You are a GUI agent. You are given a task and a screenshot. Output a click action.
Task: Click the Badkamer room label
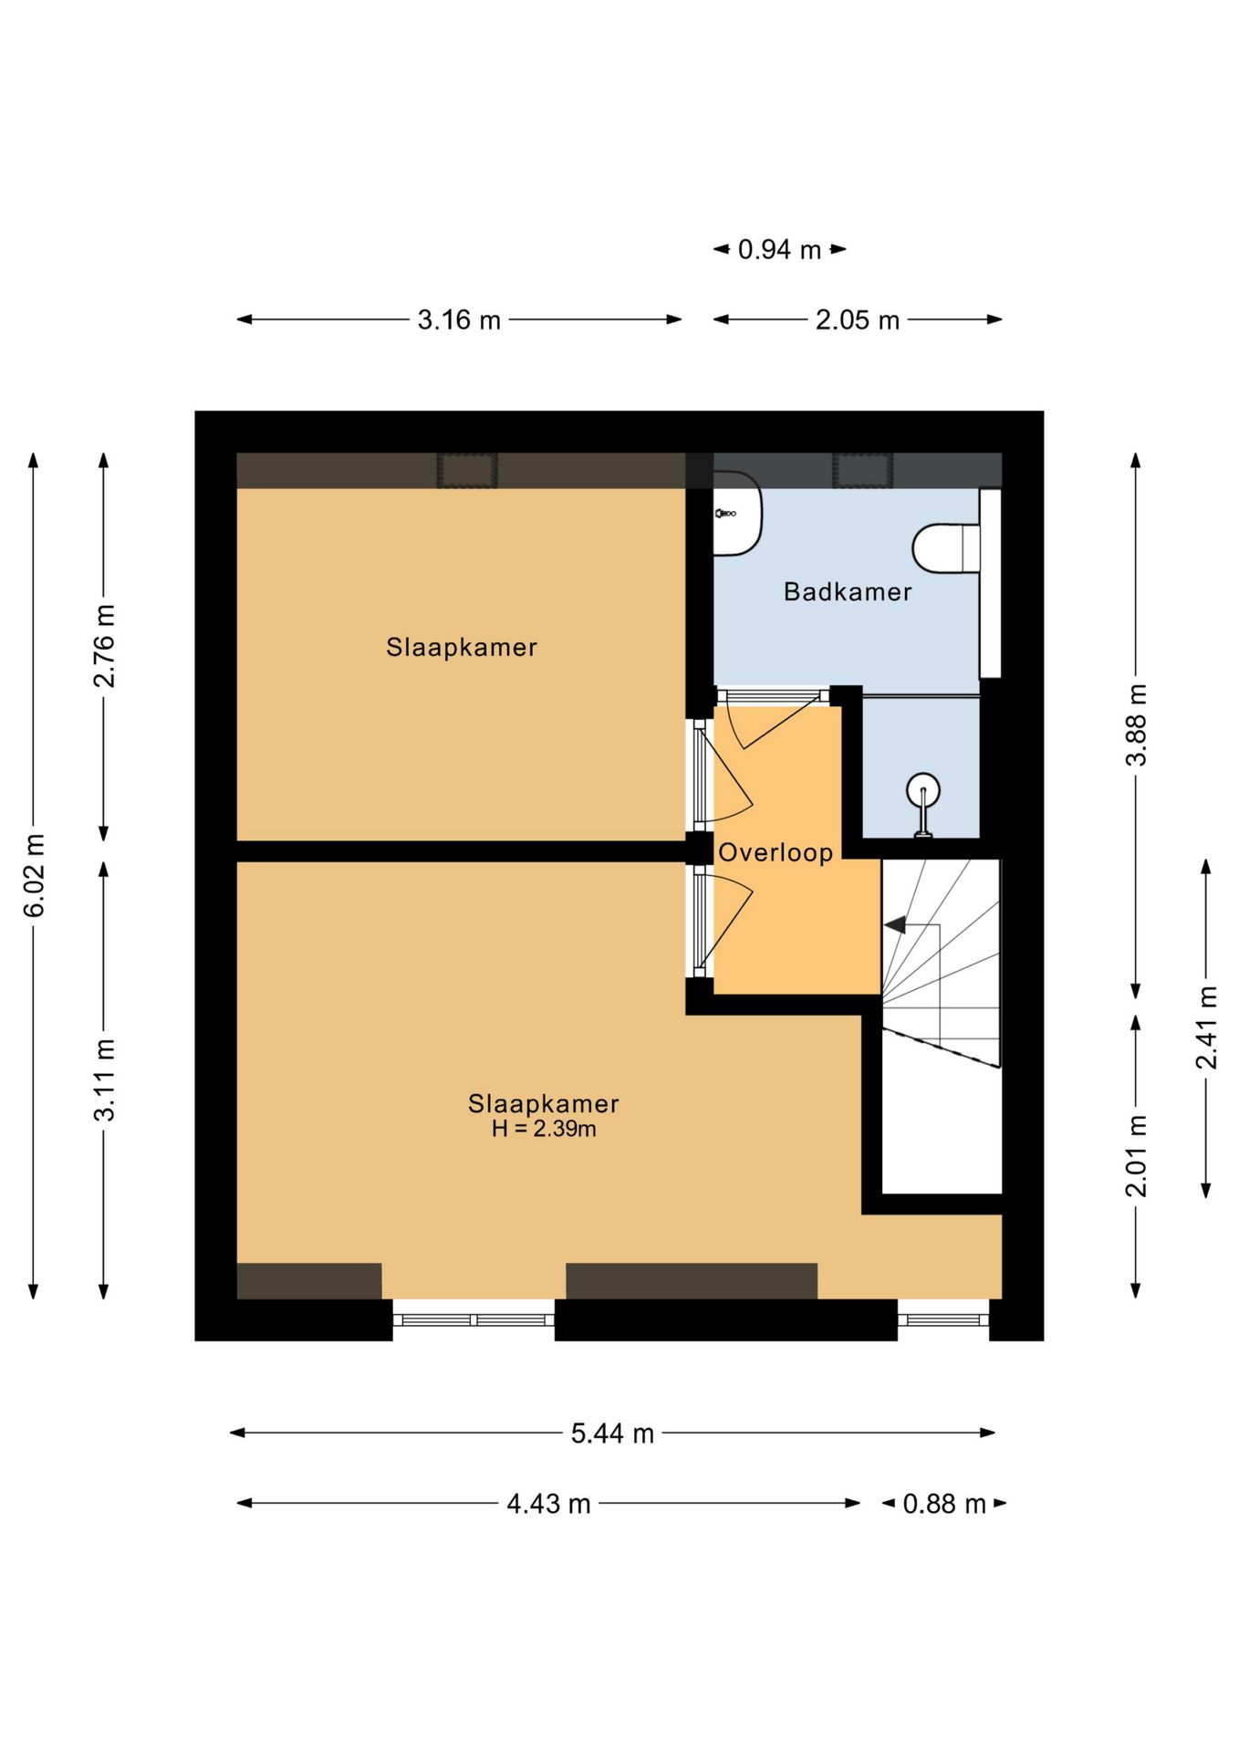[x=848, y=592]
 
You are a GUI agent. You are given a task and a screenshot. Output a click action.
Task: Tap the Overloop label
[x=776, y=853]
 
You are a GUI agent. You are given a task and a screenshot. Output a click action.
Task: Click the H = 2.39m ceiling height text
[x=544, y=1129]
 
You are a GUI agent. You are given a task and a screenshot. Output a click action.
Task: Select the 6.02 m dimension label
[x=34, y=875]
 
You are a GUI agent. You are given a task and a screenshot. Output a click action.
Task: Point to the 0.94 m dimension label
[x=780, y=250]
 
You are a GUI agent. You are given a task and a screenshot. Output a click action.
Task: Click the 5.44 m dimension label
[x=613, y=1434]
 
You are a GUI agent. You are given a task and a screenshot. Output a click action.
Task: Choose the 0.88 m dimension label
[x=944, y=1504]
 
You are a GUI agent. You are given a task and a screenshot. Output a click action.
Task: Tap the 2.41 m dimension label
[x=1206, y=1027]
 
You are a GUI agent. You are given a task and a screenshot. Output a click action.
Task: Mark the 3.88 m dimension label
[x=1136, y=725]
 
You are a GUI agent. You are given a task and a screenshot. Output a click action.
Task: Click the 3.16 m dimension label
[x=459, y=320]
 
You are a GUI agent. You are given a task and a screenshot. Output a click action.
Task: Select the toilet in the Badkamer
[x=946, y=548]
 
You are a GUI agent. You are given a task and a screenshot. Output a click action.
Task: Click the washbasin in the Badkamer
[x=737, y=514]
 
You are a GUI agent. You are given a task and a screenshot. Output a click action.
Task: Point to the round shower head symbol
[x=923, y=790]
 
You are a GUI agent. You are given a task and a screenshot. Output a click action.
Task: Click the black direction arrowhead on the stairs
[x=895, y=925]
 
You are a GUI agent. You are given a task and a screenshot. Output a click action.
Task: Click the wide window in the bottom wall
[x=474, y=1319]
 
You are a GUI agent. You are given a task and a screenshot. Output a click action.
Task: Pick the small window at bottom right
[x=943, y=1319]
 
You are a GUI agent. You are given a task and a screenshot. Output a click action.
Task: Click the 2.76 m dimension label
[x=104, y=646]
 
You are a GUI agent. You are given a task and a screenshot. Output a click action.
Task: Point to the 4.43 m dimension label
[x=548, y=1504]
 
